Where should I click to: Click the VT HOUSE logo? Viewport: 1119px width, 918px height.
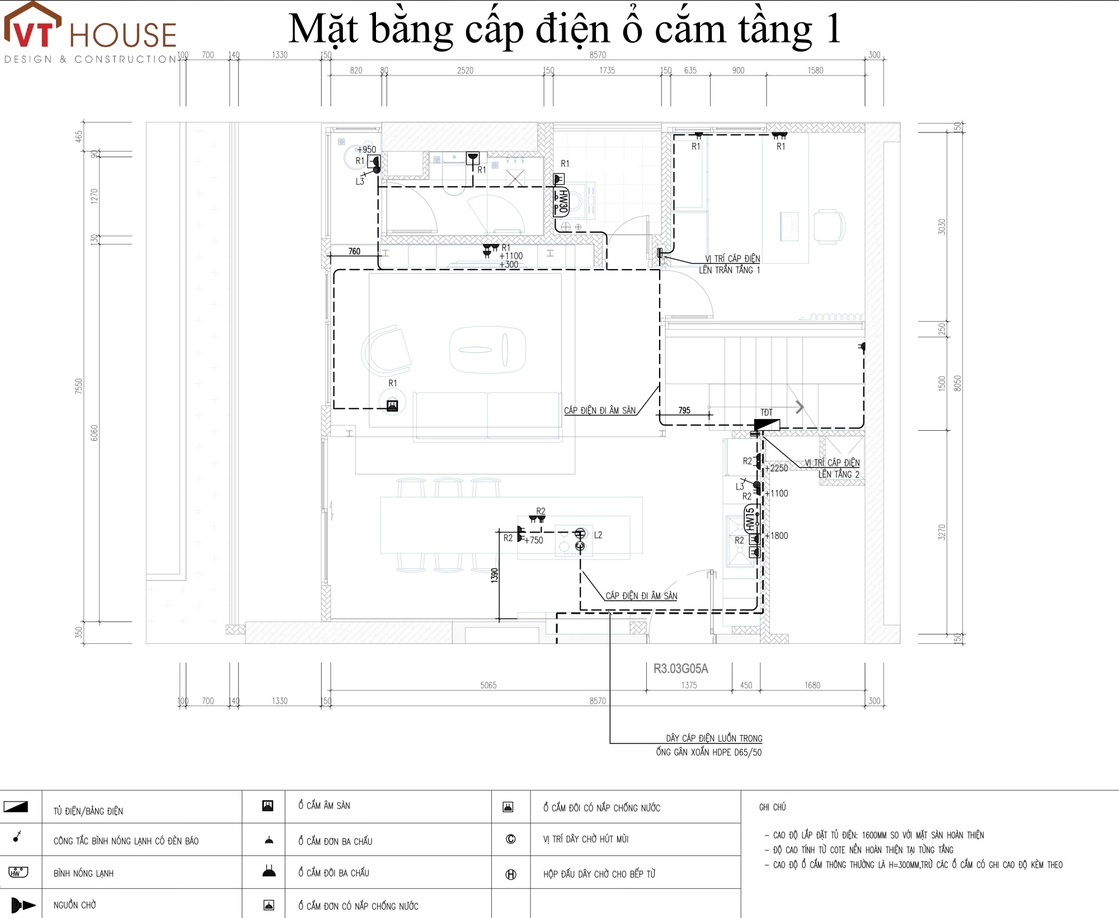(x=90, y=34)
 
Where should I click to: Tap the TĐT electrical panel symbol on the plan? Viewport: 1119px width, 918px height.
(x=767, y=424)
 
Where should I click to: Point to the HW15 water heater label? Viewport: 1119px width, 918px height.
(x=750, y=519)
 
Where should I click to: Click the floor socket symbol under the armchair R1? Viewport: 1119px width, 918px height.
(x=392, y=405)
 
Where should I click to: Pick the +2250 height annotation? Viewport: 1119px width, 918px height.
(x=779, y=468)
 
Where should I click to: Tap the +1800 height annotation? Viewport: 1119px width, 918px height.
(x=779, y=536)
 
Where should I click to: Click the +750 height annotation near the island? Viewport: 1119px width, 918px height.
(x=535, y=540)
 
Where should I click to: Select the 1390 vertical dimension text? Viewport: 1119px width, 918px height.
(x=495, y=575)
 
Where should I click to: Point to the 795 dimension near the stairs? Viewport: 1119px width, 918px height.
(x=684, y=410)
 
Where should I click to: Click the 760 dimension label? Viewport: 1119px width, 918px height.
(x=354, y=251)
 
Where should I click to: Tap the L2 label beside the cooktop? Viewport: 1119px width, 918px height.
(x=598, y=535)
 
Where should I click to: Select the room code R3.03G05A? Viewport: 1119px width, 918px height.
(x=680, y=669)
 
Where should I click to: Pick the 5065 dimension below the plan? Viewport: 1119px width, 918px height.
(x=488, y=685)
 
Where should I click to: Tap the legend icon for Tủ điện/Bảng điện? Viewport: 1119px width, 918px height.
(x=16, y=807)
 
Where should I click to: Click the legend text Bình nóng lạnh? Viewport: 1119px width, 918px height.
(x=83, y=873)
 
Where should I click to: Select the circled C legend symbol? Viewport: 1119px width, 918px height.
(x=510, y=839)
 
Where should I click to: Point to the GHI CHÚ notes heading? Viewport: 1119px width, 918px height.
(x=772, y=807)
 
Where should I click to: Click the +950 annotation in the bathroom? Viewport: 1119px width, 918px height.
(x=367, y=149)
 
